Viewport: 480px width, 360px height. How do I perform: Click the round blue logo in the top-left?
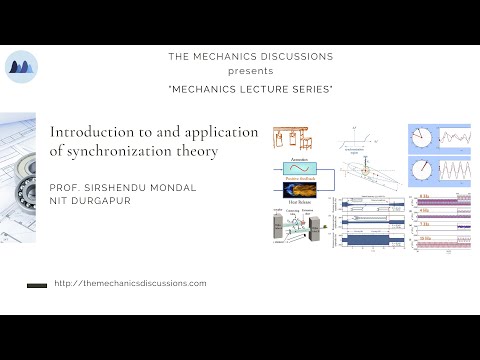pyautogui.click(x=22, y=67)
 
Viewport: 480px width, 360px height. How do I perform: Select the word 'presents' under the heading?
pyautogui.click(x=249, y=72)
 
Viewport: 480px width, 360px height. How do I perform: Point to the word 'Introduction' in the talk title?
pyautogui.click(x=91, y=132)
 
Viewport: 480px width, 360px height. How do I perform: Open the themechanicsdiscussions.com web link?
pyautogui.click(x=131, y=284)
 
